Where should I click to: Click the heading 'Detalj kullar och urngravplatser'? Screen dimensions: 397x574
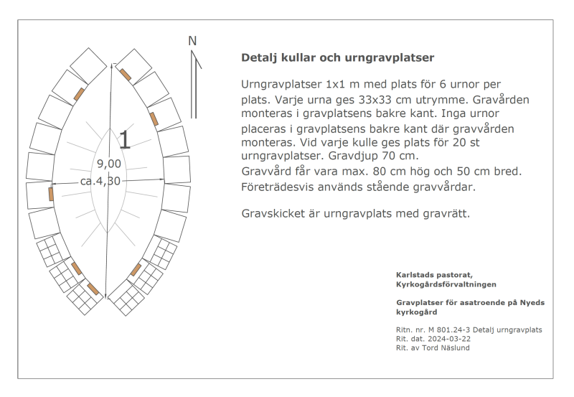coord(338,57)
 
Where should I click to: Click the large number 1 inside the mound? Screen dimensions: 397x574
coord(125,139)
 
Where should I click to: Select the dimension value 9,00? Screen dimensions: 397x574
coord(108,164)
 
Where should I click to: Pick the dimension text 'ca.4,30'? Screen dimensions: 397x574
coord(100,181)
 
